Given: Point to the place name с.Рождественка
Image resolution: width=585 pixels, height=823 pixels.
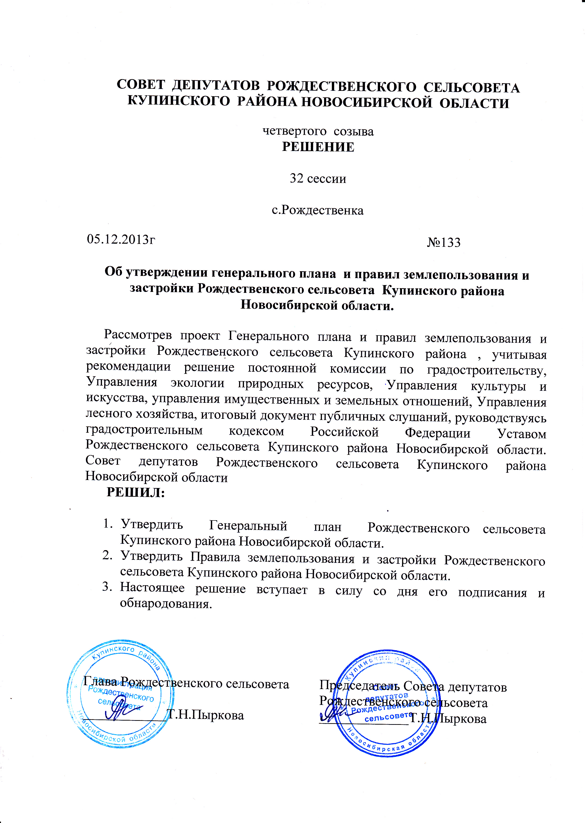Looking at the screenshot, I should (x=317, y=210).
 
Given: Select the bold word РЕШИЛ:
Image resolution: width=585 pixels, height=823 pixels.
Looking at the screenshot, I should (x=136, y=492).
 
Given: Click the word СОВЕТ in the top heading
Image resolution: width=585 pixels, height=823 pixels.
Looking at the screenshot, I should (x=141, y=85).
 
